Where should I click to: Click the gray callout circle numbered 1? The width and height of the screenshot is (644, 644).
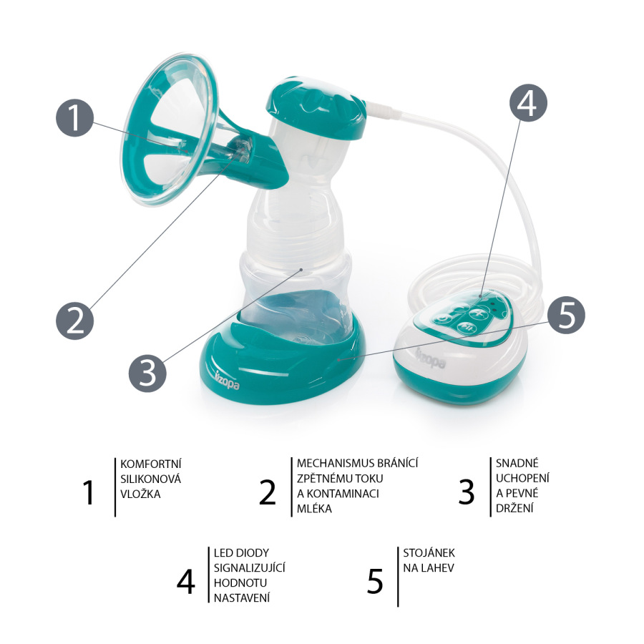click(x=74, y=117)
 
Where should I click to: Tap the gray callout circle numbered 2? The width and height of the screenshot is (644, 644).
click(x=74, y=321)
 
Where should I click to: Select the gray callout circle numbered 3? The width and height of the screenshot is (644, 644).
click(x=147, y=373)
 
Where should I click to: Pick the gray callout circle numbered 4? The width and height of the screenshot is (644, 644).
click(x=528, y=102)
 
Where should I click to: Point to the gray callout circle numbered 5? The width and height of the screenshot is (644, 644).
click(x=567, y=316)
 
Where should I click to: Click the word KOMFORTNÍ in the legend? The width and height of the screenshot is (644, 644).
click(x=151, y=464)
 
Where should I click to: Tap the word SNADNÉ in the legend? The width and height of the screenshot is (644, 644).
click(x=517, y=463)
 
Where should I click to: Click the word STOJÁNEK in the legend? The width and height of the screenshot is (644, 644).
click(x=429, y=553)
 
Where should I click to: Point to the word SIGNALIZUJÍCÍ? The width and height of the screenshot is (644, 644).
click(x=249, y=567)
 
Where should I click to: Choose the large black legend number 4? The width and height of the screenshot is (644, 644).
click(x=185, y=582)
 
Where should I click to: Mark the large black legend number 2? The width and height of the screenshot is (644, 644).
click(x=268, y=492)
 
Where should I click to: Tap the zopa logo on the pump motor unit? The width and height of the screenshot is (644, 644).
click(x=431, y=359)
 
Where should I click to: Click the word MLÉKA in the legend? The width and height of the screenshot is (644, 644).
click(x=314, y=509)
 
